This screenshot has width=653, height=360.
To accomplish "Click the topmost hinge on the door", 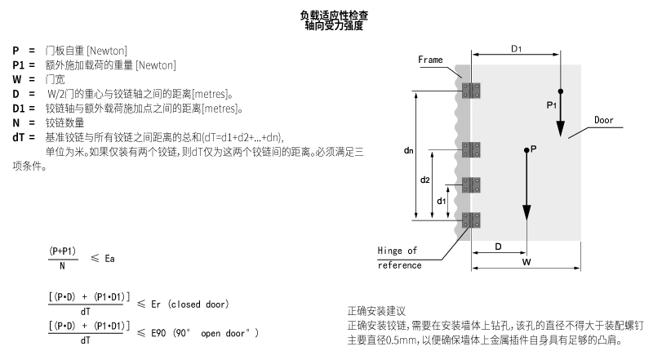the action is point(471,91).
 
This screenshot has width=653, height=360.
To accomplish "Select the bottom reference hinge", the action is point(471,220).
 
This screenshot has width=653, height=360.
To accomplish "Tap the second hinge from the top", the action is point(471,149).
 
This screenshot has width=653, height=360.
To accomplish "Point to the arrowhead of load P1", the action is point(561,128).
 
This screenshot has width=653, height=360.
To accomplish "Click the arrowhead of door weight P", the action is point(526,212).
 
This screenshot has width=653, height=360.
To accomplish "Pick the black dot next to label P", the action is point(526,150).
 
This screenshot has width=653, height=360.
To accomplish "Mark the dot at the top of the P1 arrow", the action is point(561,91).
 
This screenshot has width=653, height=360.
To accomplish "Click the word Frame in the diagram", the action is point(430,60).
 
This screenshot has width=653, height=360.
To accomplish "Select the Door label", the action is point(604,121).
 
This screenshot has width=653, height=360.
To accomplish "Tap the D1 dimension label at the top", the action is point(517,49).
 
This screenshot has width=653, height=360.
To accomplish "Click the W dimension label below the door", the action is point(526,262).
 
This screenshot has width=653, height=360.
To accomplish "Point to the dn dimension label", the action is point(409,150).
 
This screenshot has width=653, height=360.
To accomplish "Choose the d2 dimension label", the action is point(424,180).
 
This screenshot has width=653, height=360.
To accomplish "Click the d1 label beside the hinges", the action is point(441,202).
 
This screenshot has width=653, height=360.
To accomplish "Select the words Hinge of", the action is point(397,251).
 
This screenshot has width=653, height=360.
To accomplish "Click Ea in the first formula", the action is point(109,259).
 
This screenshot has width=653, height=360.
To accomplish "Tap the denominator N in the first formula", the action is point(63,266).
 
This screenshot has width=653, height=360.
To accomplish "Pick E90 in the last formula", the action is point(158,333).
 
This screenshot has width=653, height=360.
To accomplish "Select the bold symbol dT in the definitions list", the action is point(18,137).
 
